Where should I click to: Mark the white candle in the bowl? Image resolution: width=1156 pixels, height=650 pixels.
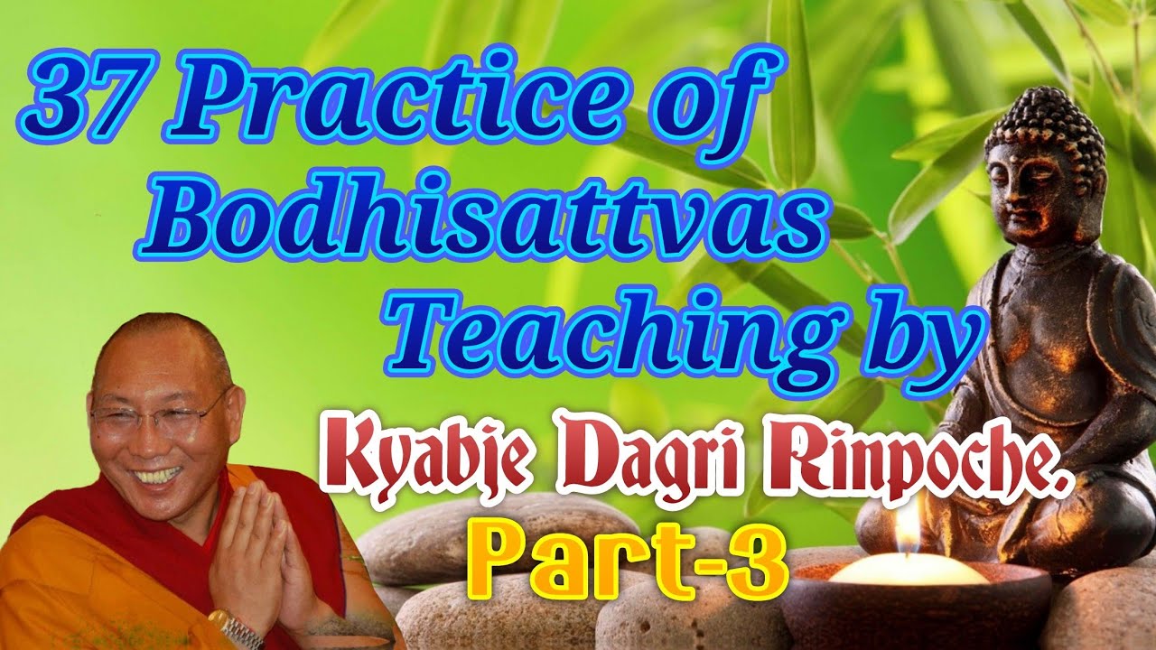pos(908,571)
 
